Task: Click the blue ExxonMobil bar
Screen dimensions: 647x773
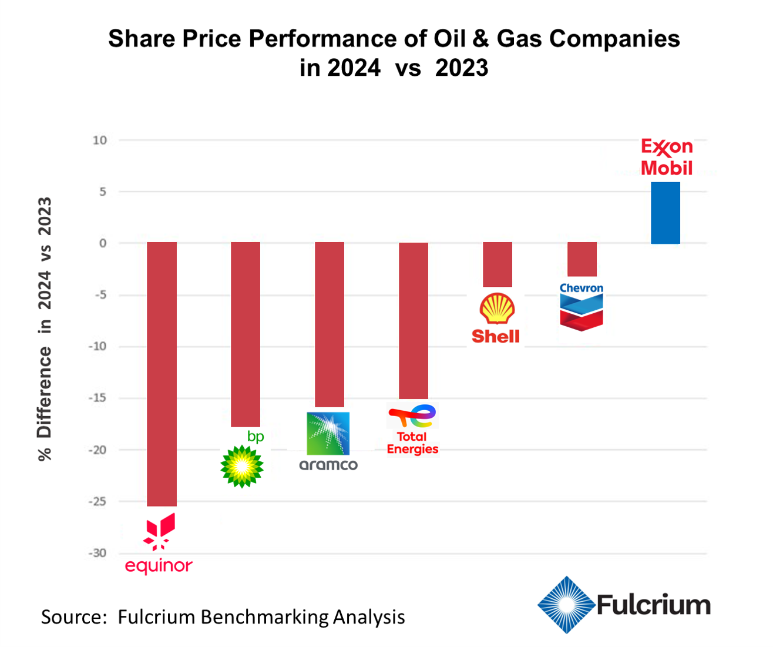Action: click(665, 213)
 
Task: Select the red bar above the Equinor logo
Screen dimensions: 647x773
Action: click(162, 374)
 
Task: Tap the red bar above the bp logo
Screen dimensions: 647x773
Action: click(246, 334)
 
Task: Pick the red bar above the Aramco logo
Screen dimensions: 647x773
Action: click(330, 324)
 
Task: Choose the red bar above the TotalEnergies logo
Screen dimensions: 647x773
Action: click(414, 320)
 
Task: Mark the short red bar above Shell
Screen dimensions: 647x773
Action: click(498, 264)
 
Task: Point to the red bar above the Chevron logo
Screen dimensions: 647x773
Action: click(582, 259)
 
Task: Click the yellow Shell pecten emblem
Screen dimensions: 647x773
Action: click(498, 309)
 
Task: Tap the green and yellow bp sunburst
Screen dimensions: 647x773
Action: click(242, 467)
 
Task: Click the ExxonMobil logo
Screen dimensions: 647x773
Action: click(667, 157)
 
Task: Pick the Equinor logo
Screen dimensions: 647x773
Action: click(159, 544)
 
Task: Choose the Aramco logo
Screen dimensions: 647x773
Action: click(328, 441)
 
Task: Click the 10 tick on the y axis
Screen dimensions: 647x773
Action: click(99, 140)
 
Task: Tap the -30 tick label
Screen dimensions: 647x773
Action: click(97, 554)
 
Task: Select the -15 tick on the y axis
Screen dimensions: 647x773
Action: click(97, 398)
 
